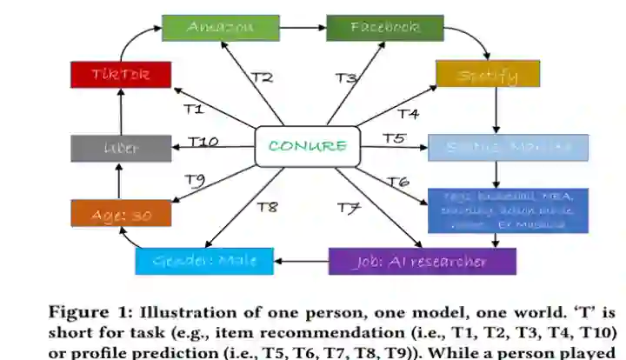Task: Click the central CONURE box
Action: [x=307, y=146]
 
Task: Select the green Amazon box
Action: [x=221, y=27]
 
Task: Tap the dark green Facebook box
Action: [x=384, y=27]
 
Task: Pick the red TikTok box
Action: [x=121, y=74]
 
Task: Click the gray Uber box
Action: [x=120, y=148]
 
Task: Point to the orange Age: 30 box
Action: [x=121, y=214]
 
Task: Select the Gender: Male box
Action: [x=203, y=261]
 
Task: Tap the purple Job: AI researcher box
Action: [x=422, y=261]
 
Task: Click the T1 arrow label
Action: [x=193, y=109]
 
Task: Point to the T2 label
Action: [x=262, y=77]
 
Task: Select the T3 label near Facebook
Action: [x=346, y=78]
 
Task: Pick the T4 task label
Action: [x=409, y=113]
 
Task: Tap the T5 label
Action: [x=394, y=138]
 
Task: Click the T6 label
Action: [x=397, y=181]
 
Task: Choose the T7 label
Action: [x=349, y=208]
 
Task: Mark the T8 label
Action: [x=267, y=207]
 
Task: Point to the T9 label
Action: [x=194, y=180]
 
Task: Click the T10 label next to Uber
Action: [x=203, y=142]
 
